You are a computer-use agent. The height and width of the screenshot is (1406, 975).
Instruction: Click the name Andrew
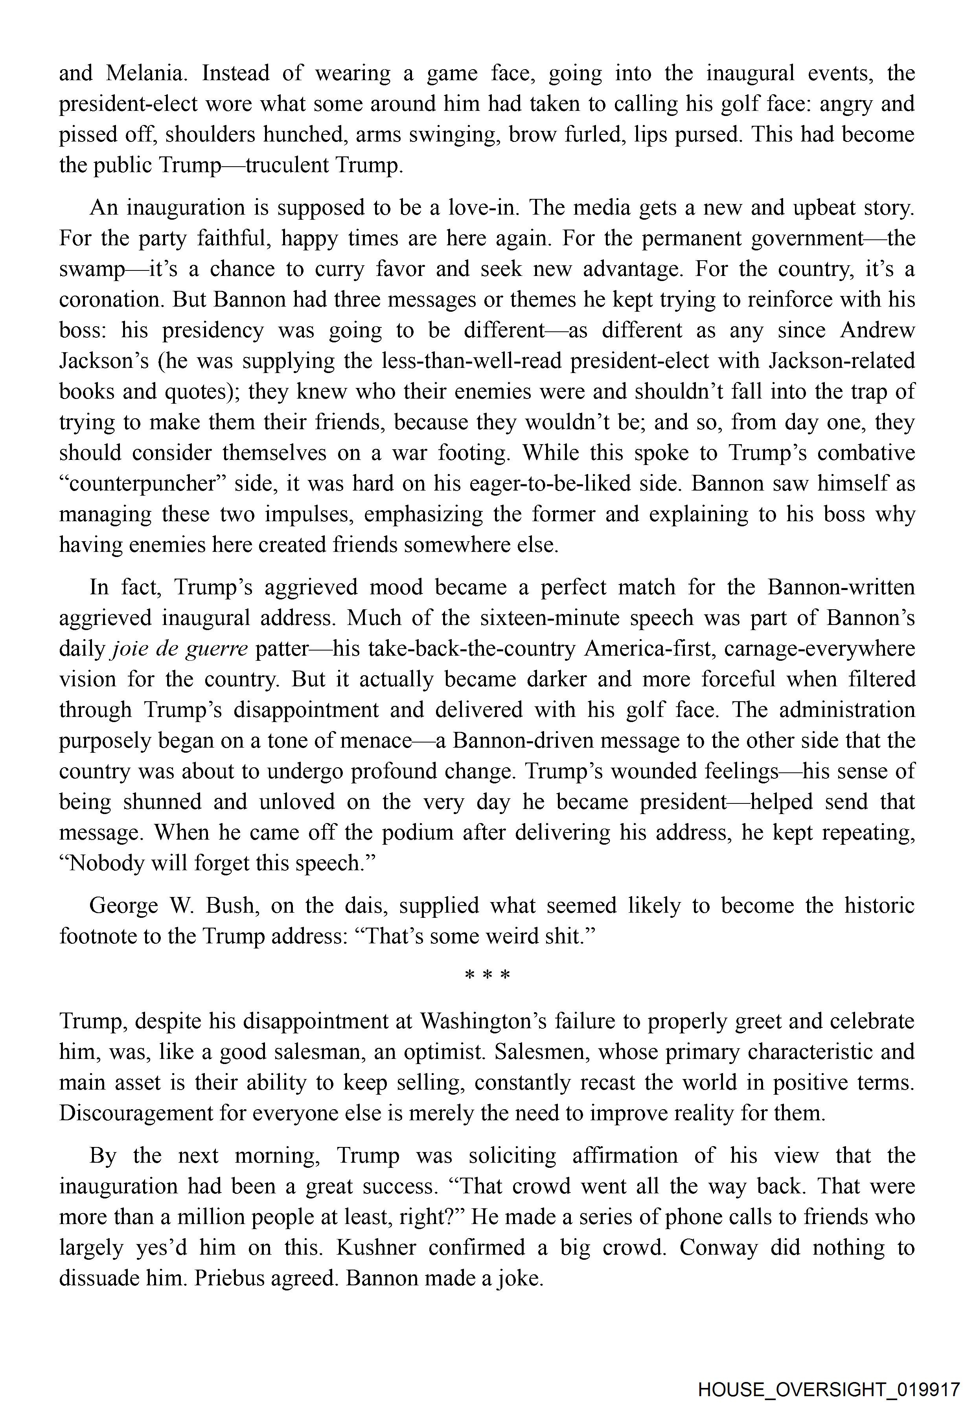tap(877, 331)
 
